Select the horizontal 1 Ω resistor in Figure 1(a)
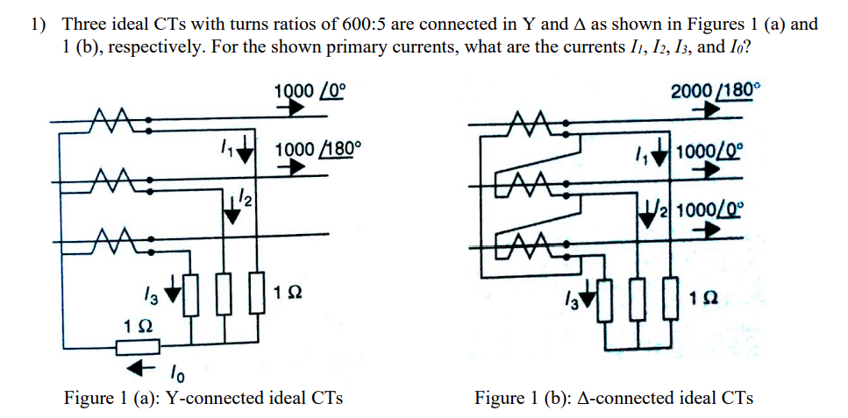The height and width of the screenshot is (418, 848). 138,348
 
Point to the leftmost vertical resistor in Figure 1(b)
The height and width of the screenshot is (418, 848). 603,302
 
